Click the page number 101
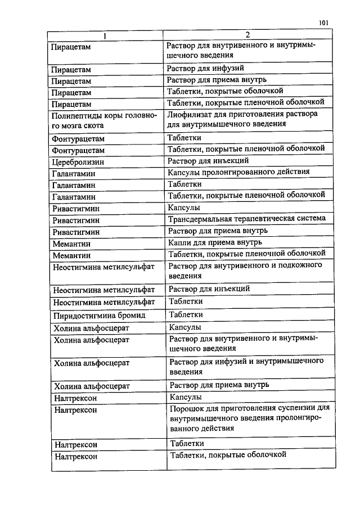323,23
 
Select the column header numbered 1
105,36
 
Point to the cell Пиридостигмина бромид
92,316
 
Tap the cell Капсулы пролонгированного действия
239,172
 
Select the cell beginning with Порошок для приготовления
248,417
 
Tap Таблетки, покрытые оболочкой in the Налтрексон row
228,454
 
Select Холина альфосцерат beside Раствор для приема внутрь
92,386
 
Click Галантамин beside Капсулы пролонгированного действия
74,174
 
